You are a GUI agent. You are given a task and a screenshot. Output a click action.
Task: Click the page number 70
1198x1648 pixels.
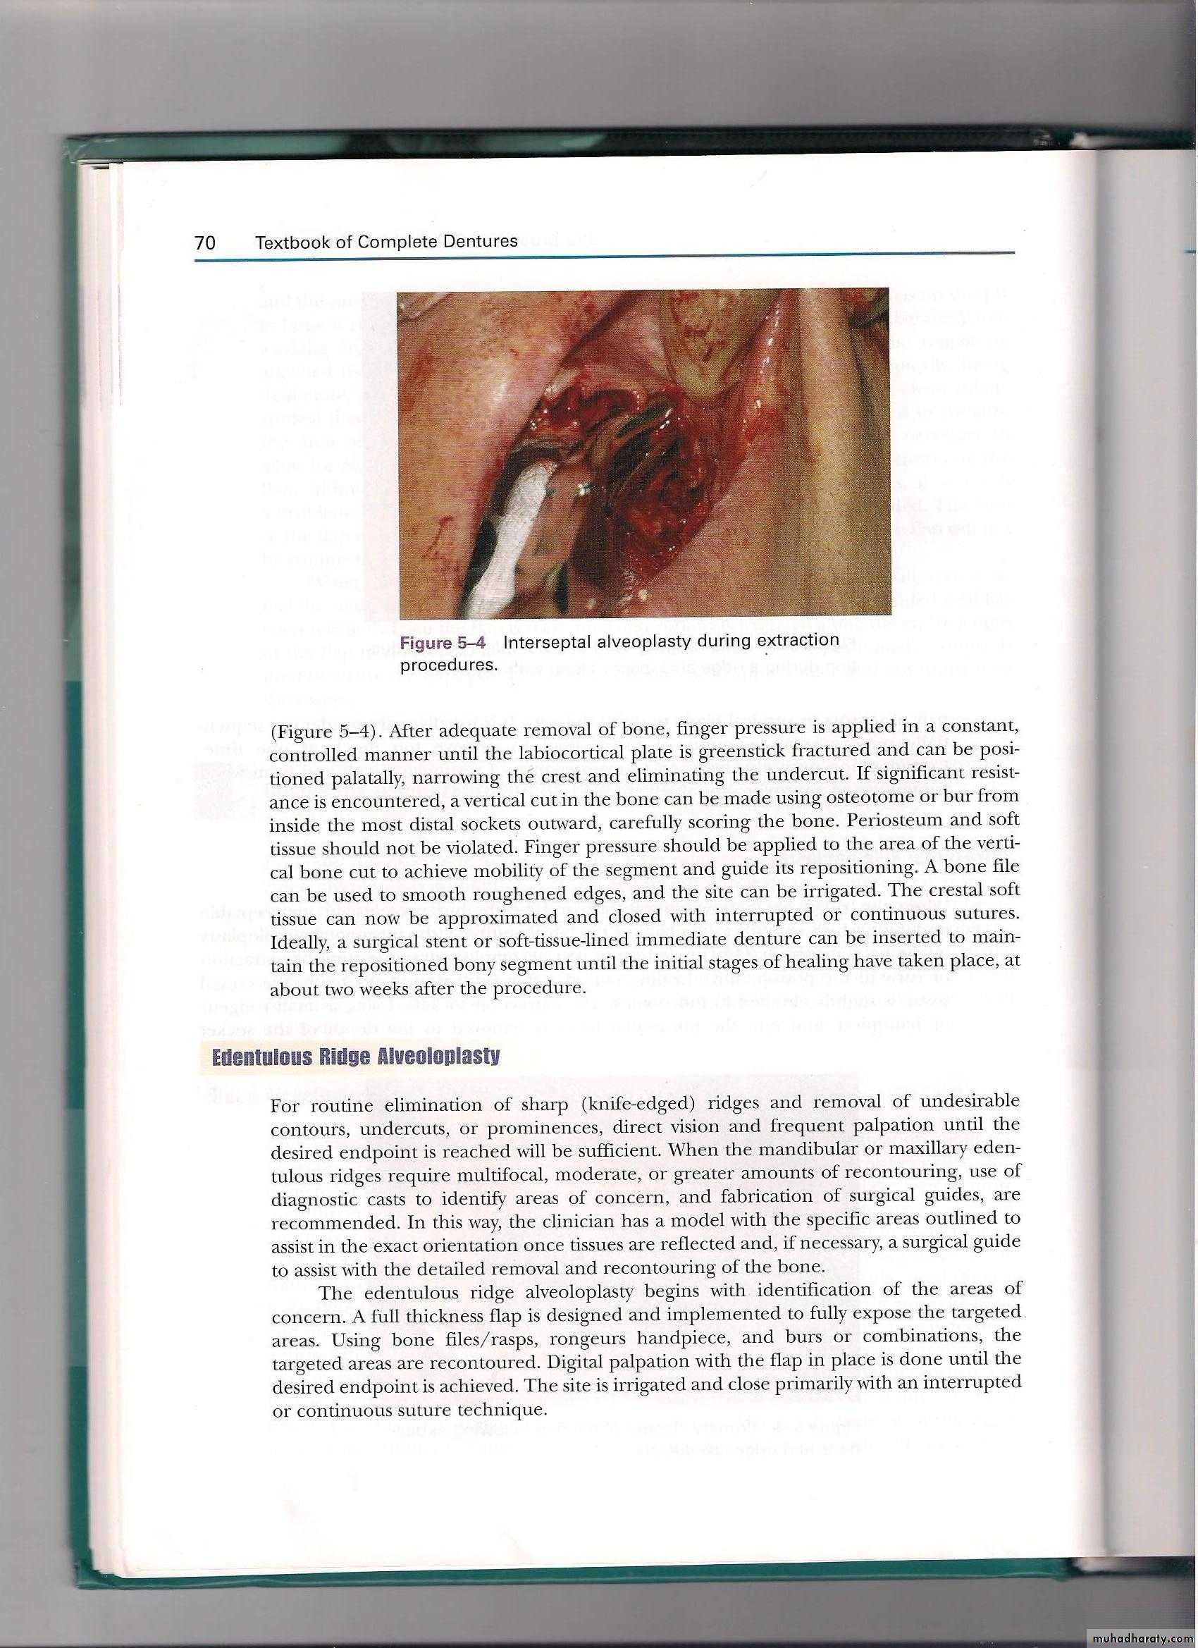(x=205, y=242)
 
